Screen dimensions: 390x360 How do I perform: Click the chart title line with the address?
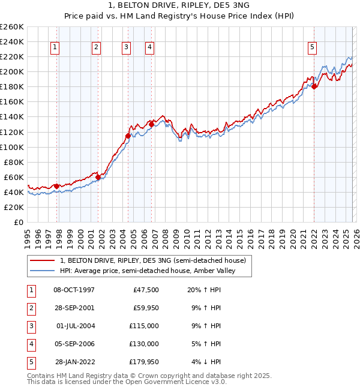pos(179,7)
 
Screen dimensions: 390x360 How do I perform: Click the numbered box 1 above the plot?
pos(55,47)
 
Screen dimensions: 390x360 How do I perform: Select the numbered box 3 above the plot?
pos(126,47)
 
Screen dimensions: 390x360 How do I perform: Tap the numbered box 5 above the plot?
pos(313,47)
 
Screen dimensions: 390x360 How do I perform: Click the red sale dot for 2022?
pos(314,86)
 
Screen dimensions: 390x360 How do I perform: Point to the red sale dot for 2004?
pos(128,136)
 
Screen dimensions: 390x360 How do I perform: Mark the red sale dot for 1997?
pos(57,186)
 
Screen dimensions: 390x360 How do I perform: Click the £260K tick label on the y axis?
pos(11,27)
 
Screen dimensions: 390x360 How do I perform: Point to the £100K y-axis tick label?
pos(11,147)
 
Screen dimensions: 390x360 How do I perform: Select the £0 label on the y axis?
pos(17,223)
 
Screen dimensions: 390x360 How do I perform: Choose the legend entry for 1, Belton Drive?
pos(152,260)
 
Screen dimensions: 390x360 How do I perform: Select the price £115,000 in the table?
pos(144,326)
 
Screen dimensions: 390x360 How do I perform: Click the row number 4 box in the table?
pos(31,344)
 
